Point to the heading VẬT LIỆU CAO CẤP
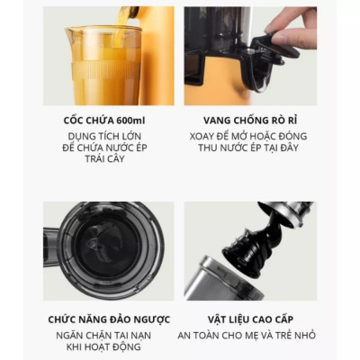pos(249,319)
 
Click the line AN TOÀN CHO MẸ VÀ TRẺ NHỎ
pos(249,335)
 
